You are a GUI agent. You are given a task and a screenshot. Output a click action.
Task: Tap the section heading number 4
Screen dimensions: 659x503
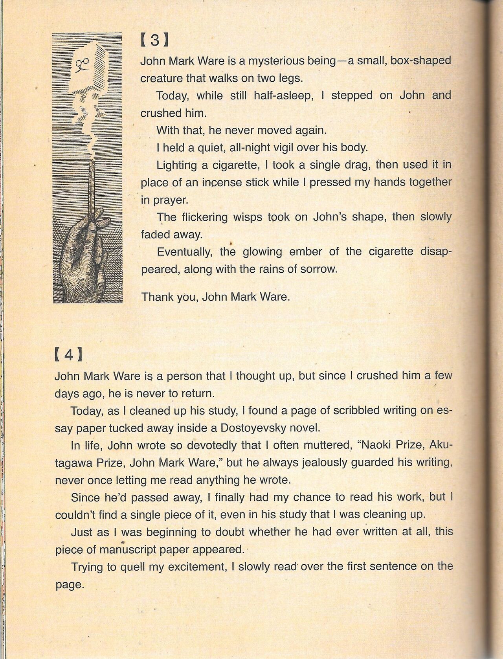pyautogui.click(x=68, y=355)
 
